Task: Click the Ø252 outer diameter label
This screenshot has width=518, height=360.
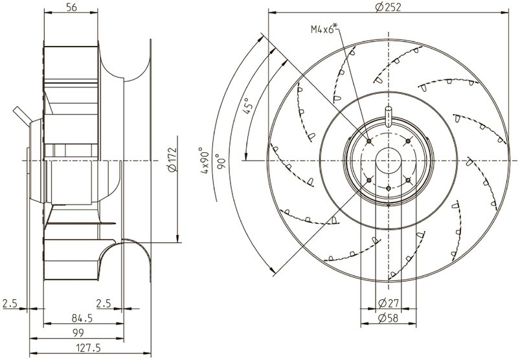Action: pyautogui.click(x=386, y=7)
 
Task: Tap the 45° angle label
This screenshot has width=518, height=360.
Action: pyautogui.click(x=247, y=104)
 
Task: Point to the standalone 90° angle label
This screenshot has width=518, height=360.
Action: pyautogui.click(x=221, y=159)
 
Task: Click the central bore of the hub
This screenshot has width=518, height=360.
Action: pyautogui.click(x=388, y=159)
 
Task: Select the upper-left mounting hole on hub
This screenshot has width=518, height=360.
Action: pyautogui.click(x=368, y=140)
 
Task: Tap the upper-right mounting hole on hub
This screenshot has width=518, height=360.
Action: pyautogui.click(x=408, y=140)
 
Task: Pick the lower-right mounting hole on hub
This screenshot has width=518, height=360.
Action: pyautogui.click(x=408, y=180)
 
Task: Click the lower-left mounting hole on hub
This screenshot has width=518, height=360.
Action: pyautogui.click(x=368, y=179)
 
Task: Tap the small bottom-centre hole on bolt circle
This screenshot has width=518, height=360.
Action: pyautogui.click(x=388, y=188)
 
